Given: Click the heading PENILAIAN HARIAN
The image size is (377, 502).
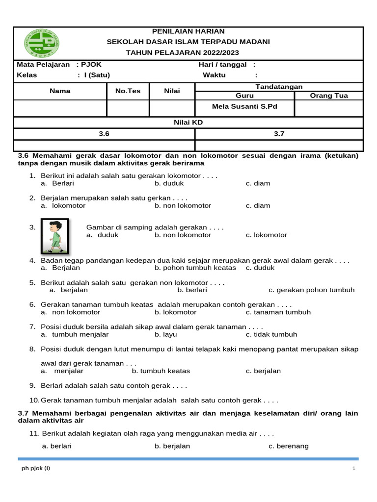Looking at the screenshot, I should (x=188, y=31).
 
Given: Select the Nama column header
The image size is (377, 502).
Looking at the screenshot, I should (x=60, y=91).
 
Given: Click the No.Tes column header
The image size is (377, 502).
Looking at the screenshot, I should (x=128, y=91).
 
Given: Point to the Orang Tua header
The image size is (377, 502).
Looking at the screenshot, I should (x=329, y=96).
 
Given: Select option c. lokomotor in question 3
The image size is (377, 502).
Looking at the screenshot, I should (x=267, y=235).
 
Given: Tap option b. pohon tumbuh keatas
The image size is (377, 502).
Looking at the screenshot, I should (x=195, y=268).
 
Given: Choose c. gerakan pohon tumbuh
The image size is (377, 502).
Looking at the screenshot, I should (x=311, y=290).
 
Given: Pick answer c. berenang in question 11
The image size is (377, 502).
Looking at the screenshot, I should (x=289, y=446).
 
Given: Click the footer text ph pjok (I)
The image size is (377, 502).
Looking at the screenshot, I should (x=36, y=468).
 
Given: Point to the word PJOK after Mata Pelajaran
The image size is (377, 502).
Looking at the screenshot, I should (x=91, y=64).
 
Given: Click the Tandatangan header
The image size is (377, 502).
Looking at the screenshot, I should (x=279, y=86).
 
